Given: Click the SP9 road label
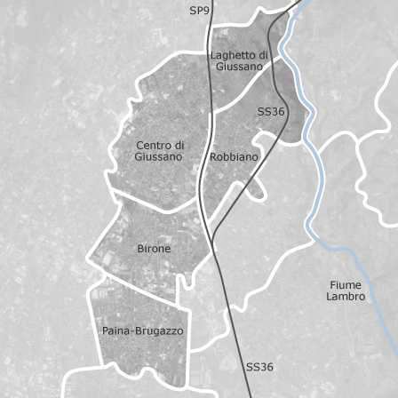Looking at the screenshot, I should click(200, 11).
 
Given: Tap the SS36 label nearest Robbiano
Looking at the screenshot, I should click(271, 112).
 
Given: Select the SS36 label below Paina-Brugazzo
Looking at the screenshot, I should click(259, 367).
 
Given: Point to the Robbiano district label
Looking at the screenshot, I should click(234, 157).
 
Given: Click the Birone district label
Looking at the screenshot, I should click(154, 249).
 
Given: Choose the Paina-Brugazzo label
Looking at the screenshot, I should click(142, 331).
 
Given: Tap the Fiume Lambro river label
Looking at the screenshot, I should click(346, 291).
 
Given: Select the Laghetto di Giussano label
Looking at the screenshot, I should click(239, 60).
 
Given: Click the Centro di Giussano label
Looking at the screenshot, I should click(159, 151).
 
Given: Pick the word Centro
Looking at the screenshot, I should click(153, 145).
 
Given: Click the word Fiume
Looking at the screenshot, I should click(346, 285).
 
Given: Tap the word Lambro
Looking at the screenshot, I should click(346, 297).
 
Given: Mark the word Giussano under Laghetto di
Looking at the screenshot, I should click(239, 67).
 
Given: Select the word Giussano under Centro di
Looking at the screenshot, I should click(159, 157).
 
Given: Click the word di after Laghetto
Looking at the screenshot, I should click(263, 55).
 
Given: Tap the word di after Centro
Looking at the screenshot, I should click(179, 145).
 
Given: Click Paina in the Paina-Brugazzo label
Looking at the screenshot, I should click(115, 331).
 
